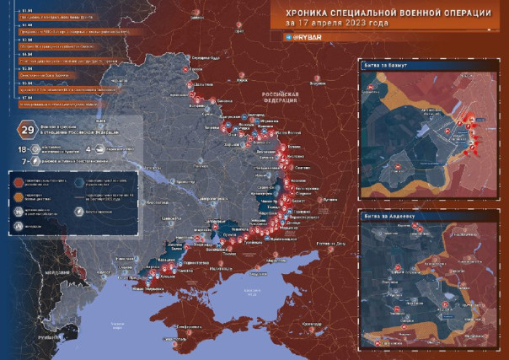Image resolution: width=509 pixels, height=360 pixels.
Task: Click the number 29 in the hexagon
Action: (27, 129)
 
